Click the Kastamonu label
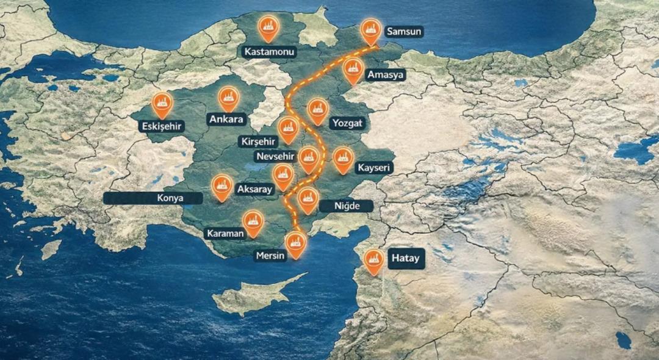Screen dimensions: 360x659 point(269,52)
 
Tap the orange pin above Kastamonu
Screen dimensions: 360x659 point(268,27)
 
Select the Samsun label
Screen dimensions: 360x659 point(404,31)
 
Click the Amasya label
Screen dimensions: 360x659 point(385,74)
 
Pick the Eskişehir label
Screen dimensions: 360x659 point(162,126)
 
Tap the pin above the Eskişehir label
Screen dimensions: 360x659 point(162,103)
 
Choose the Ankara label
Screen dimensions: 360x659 point(226,119)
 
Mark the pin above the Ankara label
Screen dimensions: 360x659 point(228,96)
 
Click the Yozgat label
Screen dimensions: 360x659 point(347,123)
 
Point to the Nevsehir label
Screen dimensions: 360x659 point(275,156)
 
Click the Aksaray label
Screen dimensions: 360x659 point(254,189)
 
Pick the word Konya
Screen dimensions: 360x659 point(170,198)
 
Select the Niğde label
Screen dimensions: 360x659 point(352,206)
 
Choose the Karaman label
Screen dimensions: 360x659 point(225,234)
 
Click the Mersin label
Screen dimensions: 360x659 point(270,256)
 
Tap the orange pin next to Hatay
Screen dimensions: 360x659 point(373,261)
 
